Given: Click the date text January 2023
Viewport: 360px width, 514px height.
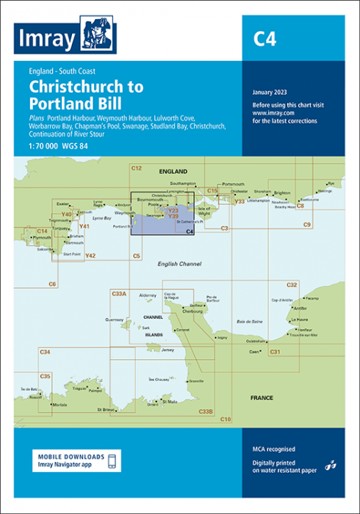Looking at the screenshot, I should click(x=270, y=92).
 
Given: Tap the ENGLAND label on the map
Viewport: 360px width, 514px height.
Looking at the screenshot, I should click(x=173, y=170).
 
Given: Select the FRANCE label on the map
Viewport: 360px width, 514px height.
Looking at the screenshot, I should click(x=262, y=397).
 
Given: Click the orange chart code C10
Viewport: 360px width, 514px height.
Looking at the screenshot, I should click(x=226, y=419).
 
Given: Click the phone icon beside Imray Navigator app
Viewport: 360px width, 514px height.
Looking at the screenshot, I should click(x=112, y=461).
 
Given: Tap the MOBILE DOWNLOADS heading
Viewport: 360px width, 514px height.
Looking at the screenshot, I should click(x=71, y=456).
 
